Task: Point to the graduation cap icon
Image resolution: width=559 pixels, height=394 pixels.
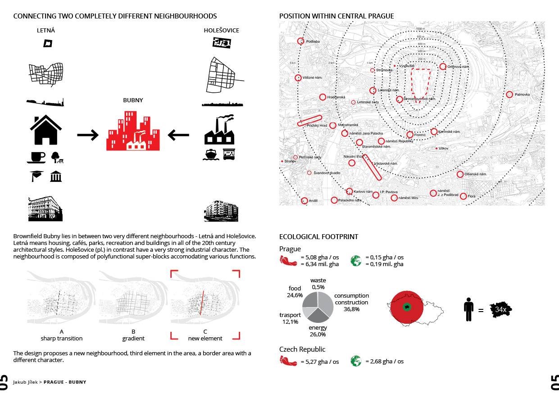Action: tap(36, 176)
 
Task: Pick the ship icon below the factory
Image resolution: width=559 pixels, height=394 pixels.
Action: tap(210, 154)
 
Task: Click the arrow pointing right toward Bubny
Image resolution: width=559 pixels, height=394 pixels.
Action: tap(87, 135)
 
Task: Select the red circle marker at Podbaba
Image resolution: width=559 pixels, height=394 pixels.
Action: tap(301, 41)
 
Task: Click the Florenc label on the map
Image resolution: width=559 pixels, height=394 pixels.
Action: tap(420, 134)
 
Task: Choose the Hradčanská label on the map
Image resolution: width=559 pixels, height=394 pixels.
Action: tap(336, 97)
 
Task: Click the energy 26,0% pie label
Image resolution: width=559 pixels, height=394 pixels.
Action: tap(318, 331)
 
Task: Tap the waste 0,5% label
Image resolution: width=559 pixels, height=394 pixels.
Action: tap(318, 284)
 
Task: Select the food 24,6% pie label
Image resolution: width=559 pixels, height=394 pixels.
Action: tap(295, 292)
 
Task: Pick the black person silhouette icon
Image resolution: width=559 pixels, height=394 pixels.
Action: tap(469, 309)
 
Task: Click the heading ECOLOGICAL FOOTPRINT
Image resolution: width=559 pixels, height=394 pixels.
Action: tap(319, 236)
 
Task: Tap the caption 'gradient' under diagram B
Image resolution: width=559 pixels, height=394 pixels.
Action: tap(133, 338)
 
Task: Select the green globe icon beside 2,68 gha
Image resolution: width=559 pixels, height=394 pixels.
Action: tap(356, 361)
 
